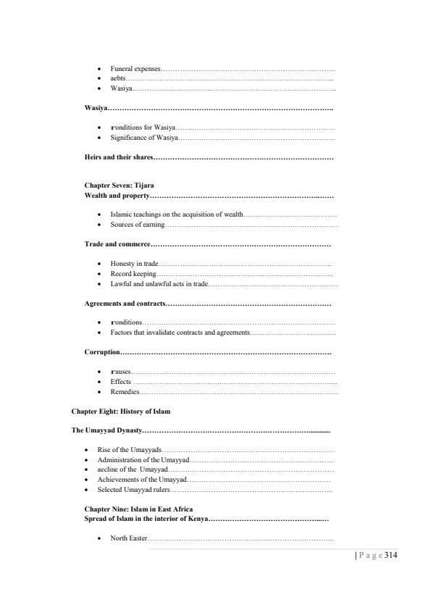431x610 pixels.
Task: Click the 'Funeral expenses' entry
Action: pos(135,68)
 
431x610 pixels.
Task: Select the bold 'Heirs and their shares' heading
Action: pos(118,157)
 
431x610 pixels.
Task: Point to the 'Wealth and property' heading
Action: pos(117,196)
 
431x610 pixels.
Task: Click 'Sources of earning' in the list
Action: pos(138,225)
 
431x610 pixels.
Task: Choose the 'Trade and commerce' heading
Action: pos(117,243)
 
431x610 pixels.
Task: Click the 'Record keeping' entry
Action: pos(133,273)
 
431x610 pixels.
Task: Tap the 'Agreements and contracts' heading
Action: pos(125,303)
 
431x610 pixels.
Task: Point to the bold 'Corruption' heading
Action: pos(102,351)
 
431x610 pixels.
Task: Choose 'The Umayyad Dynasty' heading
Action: pos(106,430)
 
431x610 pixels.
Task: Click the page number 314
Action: pos(391,556)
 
